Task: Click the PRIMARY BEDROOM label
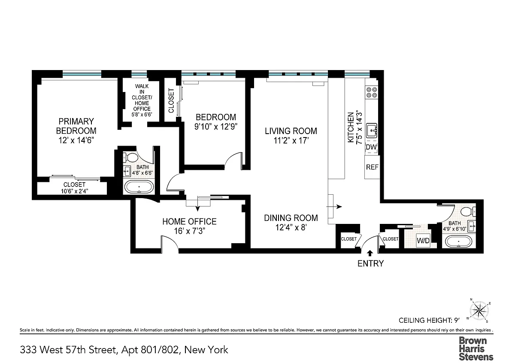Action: click(x=76, y=126)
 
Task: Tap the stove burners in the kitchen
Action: click(x=372, y=92)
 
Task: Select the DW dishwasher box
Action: click(x=371, y=147)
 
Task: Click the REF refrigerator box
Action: click(x=372, y=167)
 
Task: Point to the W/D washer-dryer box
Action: click(x=423, y=241)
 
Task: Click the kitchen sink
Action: click(x=371, y=131)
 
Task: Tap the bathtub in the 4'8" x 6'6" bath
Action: click(x=139, y=187)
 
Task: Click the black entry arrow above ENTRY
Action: click(x=370, y=253)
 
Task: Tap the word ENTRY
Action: click(x=371, y=263)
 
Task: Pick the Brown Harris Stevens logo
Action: click(x=476, y=349)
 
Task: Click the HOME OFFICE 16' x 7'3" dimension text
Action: click(x=189, y=231)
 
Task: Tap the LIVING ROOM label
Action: click(x=291, y=131)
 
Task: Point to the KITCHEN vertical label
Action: click(x=351, y=127)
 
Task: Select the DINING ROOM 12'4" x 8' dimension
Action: click(x=291, y=227)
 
